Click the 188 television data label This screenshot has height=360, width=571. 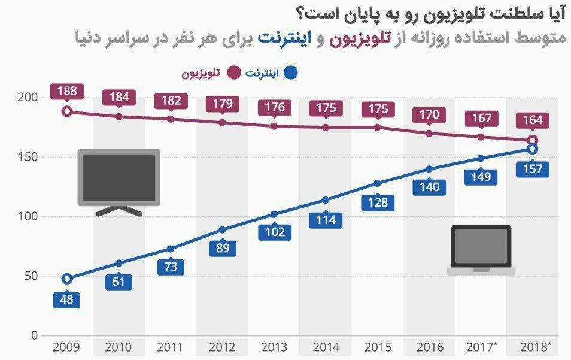point(67,92)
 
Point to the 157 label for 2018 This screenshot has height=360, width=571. point(532,169)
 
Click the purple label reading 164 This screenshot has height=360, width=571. point(532,120)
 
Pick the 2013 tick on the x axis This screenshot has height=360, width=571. point(274,347)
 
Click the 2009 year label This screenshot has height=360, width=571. point(67,347)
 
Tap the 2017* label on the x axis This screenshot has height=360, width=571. point(481,347)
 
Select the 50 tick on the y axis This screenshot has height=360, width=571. point(30,276)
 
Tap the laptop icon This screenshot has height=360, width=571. point(481,250)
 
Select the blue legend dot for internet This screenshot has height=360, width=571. point(291,73)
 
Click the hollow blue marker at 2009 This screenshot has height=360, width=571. point(67,279)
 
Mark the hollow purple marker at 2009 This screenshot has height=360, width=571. point(67,111)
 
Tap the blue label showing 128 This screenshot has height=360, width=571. point(378,202)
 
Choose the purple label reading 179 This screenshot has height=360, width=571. point(223,103)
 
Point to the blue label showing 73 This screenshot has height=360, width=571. point(171,267)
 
